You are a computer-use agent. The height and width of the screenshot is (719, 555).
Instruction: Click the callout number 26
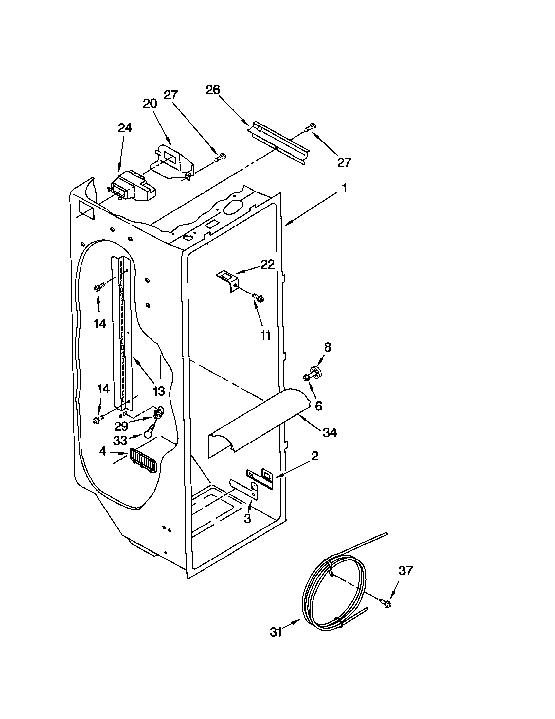pyautogui.click(x=213, y=90)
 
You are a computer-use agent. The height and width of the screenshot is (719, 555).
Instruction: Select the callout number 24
pyautogui.click(x=125, y=128)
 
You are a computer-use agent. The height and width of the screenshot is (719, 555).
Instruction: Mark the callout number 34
pyautogui.click(x=330, y=432)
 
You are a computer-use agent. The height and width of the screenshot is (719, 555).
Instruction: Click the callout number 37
pyautogui.click(x=405, y=571)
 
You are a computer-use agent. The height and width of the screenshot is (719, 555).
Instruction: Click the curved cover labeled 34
pyautogui.click(x=260, y=418)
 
